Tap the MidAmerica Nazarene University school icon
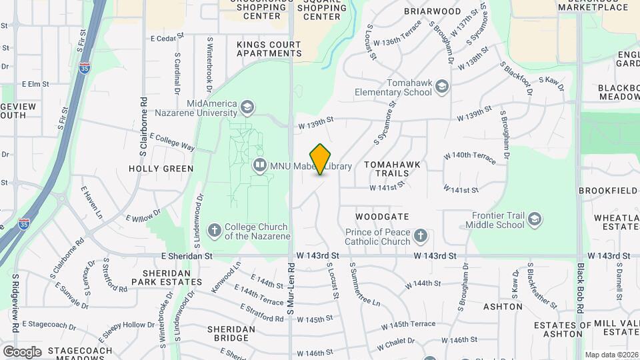point(247,107)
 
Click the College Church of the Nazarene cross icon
point(214,231)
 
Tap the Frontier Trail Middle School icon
point(535,219)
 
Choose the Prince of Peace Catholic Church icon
point(420,235)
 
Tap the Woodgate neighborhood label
point(382,217)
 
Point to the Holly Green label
point(161,169)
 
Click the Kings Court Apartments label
point(269,49)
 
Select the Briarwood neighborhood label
point(433,11)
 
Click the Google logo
point(22,351)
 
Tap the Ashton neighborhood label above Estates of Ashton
point(502,307)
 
